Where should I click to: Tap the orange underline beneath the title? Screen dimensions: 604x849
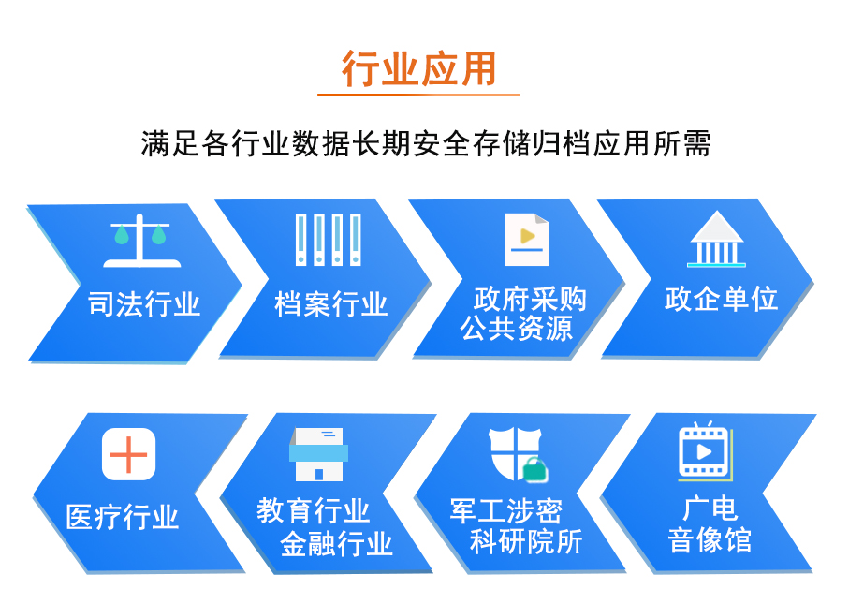click(x=417, y=95)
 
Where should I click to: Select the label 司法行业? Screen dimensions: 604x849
click(x=144, y=303)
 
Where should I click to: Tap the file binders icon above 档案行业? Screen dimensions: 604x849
click(x=329, y=240)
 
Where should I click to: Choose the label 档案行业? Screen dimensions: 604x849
click(x=331, y=303)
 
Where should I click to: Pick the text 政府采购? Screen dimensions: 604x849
click(x=530, y=299)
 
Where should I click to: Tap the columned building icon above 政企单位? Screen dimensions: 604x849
click(x=716, y=240)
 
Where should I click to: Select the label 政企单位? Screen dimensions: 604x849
click(x=721, y=299)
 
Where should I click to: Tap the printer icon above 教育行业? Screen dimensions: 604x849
click(x=318, y=454)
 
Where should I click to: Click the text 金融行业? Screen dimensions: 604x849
click(x=337, y=542)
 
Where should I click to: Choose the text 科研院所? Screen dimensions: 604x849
click(x=526, y=540)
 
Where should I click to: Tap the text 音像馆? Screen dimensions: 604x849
click(x=709, y=540)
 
